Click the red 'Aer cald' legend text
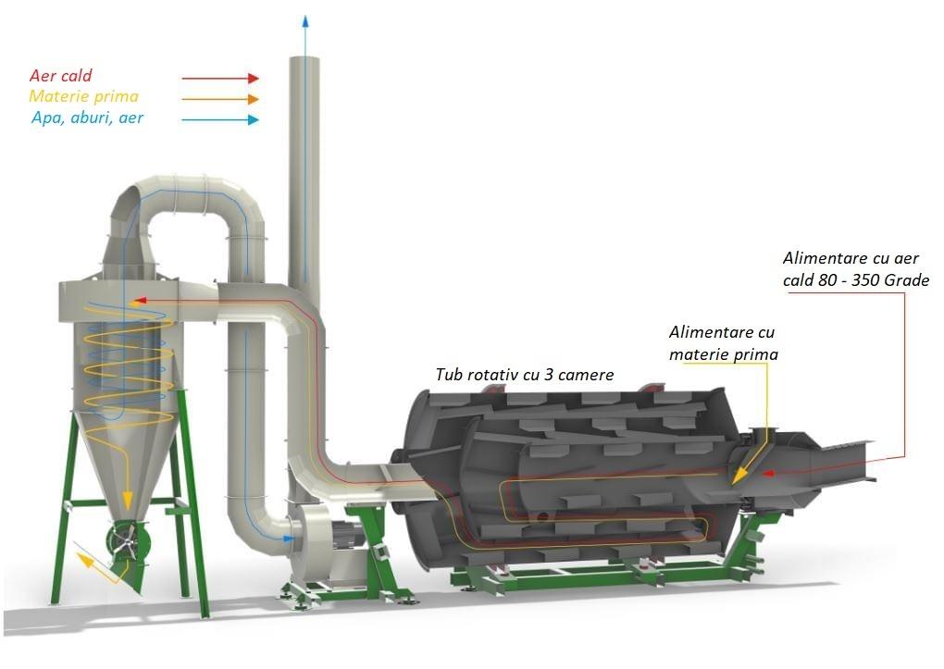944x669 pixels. [x=61, y=75]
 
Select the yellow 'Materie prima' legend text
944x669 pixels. [x=83, y=96]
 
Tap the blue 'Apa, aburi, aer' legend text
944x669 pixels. [x=87, y=118]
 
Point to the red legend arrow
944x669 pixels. [x=220, y=78]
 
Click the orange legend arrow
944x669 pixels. [x=220, y=99]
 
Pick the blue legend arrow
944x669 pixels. [x=220, y=120]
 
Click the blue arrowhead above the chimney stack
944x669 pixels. [x=305, y=21]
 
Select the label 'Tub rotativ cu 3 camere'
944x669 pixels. [x=525, y=375]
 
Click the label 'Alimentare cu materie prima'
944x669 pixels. [x=723, y=343]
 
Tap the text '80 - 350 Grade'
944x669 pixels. [x=874, y=280]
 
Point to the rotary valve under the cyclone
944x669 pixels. [x=127, y=539]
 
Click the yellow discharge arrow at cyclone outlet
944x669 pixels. [x=96, y=566]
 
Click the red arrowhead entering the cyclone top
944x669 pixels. [x=140, y=299]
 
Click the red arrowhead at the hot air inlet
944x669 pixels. [x=767, y=474]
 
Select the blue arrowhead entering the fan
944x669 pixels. [x=289, y=539]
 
